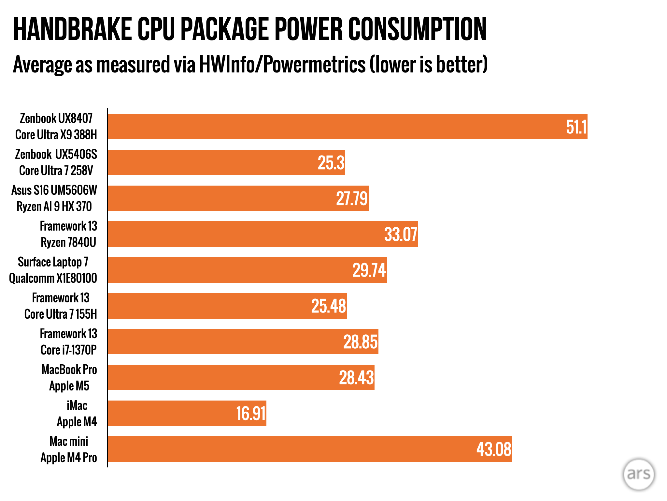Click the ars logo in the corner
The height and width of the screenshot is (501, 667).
(x=638, y=474)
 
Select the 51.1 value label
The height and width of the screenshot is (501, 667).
(x=576, y=127)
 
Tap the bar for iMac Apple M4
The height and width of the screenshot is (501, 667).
(x=187, y=413)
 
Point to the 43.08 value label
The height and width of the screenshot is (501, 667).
(x=494, y=449)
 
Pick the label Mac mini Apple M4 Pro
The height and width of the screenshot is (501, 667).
(x=69, y=449)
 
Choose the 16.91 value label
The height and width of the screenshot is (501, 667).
(x=251, y=414)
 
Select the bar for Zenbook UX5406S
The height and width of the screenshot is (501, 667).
(x=226, y=162)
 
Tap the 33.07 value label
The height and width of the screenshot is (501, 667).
(x=401, y=234)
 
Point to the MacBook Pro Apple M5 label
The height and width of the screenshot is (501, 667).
(x=69, y=378)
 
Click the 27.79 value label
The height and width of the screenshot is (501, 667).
(x=352, y=199)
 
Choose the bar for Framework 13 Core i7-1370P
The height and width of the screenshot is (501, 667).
(x=243, y=342)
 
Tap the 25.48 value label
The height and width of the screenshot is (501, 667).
(x=328, y=306)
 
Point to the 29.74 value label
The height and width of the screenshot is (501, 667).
(x=369, y=270)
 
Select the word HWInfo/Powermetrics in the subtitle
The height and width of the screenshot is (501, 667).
(x=282, y=64)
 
